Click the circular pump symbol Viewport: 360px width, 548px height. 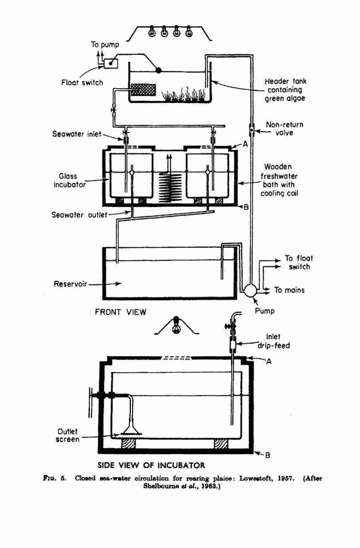point(250,290)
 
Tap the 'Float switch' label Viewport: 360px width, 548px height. point(82,83)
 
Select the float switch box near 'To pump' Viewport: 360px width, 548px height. point(111,63)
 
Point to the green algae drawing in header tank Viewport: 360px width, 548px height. point(184,94)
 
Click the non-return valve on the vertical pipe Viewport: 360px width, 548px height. point(252,130)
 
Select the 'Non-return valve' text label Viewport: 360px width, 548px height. point(284,129)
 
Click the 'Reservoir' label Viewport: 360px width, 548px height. point(70,284)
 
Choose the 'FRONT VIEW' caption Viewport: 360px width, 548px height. point(121,312)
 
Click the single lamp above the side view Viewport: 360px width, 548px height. point(176,325)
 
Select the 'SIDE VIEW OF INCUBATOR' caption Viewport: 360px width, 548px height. point(151,465)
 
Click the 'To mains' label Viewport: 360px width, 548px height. point(289,290)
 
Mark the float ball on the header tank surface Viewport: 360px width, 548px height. point(158,70)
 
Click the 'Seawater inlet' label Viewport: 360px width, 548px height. point(77,134)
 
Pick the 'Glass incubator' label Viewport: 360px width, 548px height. point(69,180)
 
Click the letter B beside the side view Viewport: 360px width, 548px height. point(268,455)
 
